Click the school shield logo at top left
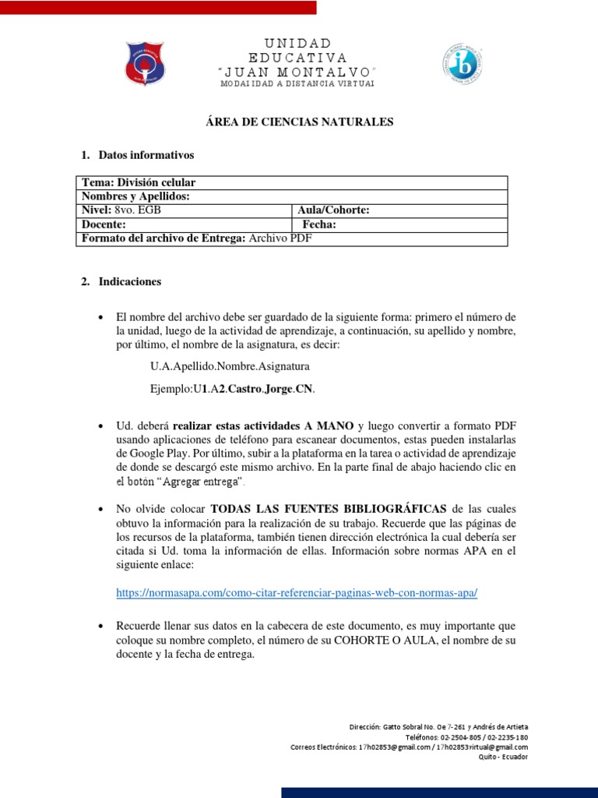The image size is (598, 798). [x=145, y=63]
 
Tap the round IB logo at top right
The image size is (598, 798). [x=466, y=63]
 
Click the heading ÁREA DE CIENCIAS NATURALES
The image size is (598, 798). [x=299, y=122]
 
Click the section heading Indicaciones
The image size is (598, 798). [x=130, y=281]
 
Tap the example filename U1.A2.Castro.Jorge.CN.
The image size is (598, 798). [x=234, y=388]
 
